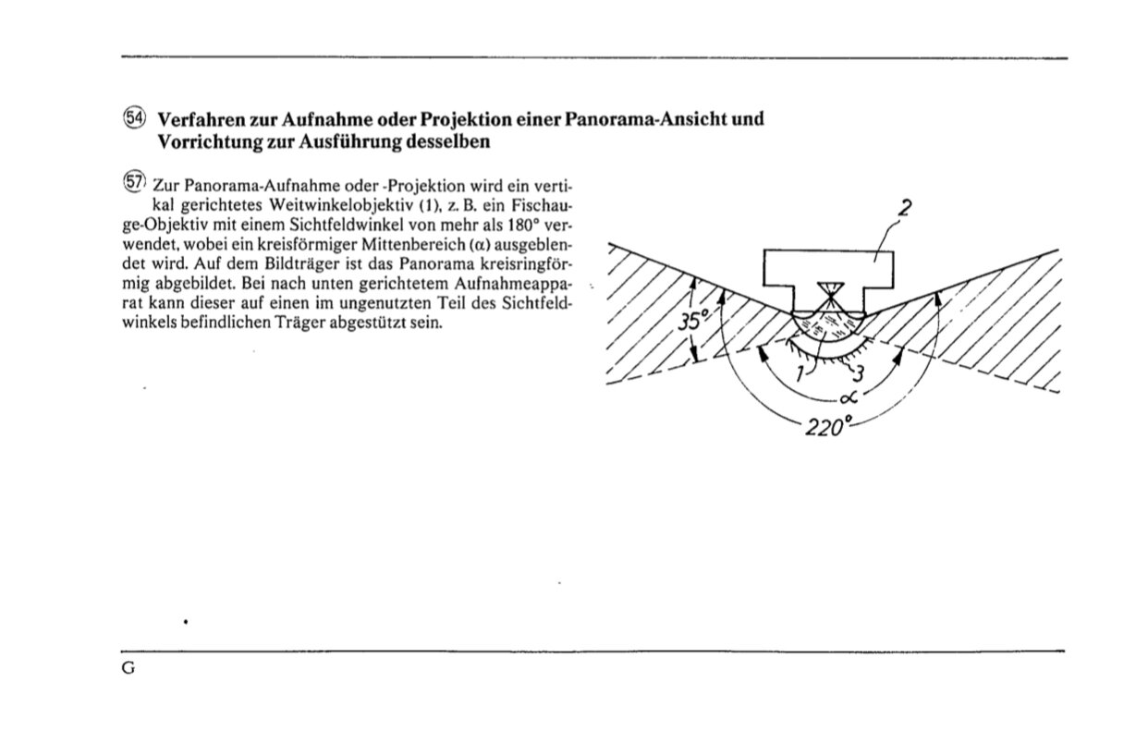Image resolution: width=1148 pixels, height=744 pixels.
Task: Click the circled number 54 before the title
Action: pos(135,118)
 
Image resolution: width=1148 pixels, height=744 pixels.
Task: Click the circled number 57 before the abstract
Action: pos(135,179)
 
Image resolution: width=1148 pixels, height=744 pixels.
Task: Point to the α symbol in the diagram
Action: pos(849,397)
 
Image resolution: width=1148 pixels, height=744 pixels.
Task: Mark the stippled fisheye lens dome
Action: pos(827,323)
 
